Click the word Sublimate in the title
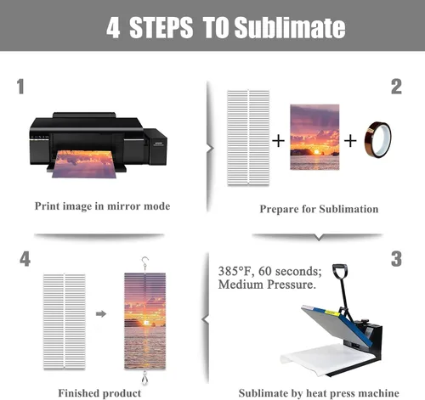point(290,27)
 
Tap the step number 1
point(20,87)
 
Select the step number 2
point(396,87)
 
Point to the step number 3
point(396,259)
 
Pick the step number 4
point(25,259)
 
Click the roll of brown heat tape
point(378,140)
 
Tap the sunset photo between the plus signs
point(314,137)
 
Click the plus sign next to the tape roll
point(350,141)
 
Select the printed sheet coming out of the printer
point(84,164)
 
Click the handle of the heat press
point(340,270)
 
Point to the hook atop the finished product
point(145,263)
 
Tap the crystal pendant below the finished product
point(145,378)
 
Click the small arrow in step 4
point(101,313)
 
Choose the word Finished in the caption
point(78,393)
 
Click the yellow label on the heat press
point(332,313)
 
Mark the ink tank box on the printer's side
point(156,146)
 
